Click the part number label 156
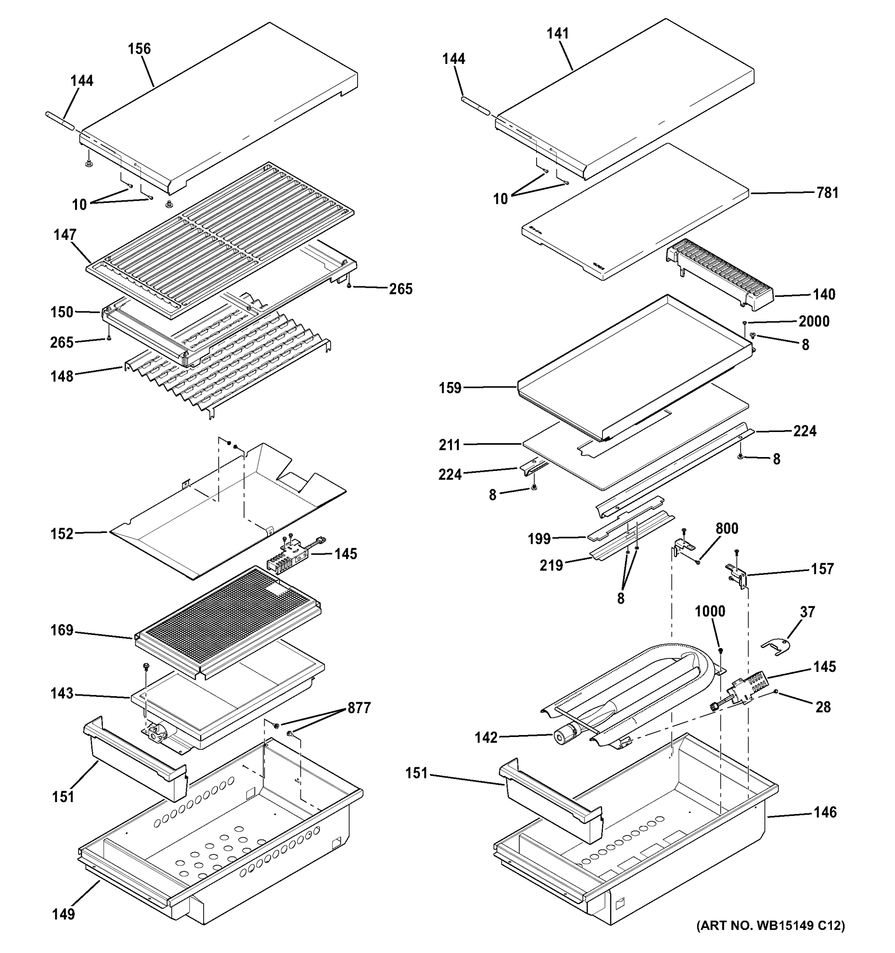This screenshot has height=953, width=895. [x=139, y=49]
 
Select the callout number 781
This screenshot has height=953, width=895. [x=827, y=193]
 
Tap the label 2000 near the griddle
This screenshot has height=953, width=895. [x=814, y=322]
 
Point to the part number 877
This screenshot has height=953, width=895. [x=359, y=708]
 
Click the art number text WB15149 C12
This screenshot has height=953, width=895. [x=770, y=939]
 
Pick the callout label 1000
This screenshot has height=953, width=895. [x=710, y=611]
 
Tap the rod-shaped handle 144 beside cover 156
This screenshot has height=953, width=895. [x=60, y=121]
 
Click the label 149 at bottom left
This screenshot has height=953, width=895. [x=63, y=914]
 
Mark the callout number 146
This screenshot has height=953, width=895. [x=825, y=812]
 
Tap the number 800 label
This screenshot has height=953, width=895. [x=726, y=529]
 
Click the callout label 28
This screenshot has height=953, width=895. [x=823, y=707]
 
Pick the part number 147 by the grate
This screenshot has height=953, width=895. [x=65, y=235]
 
